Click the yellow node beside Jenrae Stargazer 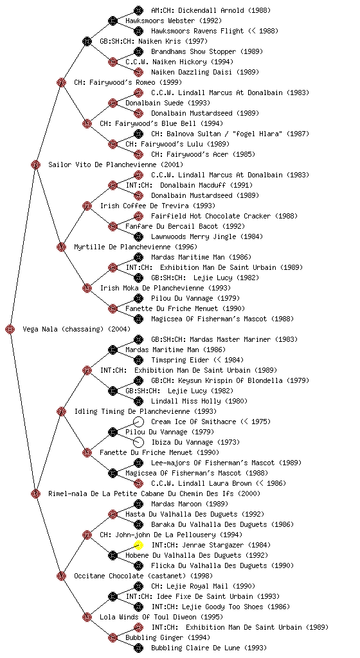(138, 545)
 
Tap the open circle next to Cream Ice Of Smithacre (138, 422)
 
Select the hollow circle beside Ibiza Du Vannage (138, 442)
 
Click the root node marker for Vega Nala (10, 330)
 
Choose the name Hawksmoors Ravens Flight (197, 31)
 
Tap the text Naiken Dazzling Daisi (192, 72)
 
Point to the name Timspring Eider (180, 360)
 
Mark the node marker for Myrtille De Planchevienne (61, 247)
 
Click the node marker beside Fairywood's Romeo (61, 82)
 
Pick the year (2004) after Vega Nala (119, 330)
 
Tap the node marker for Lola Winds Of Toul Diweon (87, 617)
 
